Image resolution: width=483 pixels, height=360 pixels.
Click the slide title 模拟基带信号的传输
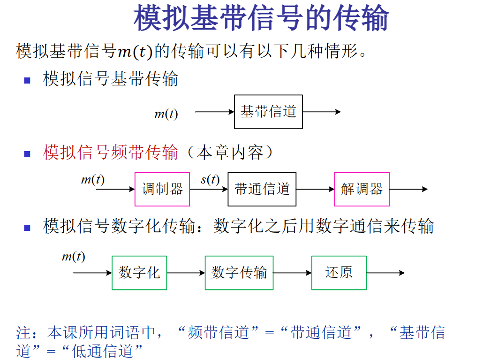point(261,18)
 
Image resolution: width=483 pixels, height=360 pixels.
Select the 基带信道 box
point(268,112)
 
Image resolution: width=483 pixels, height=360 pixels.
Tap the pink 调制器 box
point(162,189)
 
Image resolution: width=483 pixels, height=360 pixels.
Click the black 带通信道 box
point(262,189)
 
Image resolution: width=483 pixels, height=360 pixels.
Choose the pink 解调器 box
point(362,189)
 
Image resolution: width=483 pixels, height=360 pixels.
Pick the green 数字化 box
point(139,273)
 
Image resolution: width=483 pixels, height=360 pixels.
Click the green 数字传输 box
point(239,273)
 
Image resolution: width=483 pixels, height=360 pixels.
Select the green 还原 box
point(339,273)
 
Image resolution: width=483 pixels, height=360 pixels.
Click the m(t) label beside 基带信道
point(166,114)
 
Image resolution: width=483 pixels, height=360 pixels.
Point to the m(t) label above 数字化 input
point(74,257)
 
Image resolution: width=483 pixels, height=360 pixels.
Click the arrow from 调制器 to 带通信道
point(209,189)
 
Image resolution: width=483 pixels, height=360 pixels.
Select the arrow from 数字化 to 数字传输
point(186,273)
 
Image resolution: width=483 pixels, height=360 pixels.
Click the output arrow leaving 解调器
point(408,189)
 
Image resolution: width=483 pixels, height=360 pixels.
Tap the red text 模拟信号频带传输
point(111,153)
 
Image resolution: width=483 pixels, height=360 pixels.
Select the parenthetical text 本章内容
point(229,153)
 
